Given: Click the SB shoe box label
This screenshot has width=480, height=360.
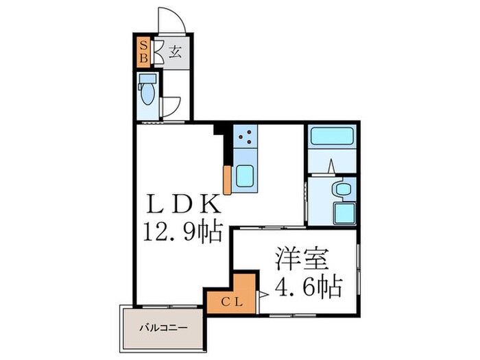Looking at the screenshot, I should pos(143,51).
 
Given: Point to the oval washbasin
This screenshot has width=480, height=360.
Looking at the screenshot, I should pos(338,189).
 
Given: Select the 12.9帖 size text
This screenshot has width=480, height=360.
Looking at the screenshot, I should pos(183,232).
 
